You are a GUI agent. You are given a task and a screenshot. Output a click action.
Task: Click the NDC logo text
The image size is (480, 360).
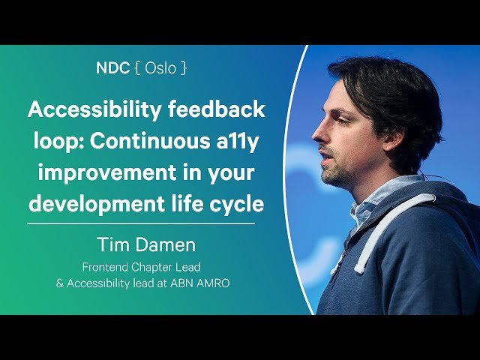tap(112, 68)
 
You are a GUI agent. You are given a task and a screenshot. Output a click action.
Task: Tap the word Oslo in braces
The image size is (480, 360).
tap(161, 68)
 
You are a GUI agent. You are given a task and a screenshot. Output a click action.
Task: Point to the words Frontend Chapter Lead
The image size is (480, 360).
tap(142, 267)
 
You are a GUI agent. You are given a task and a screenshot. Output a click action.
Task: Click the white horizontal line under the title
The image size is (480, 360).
tap(142, 223)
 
